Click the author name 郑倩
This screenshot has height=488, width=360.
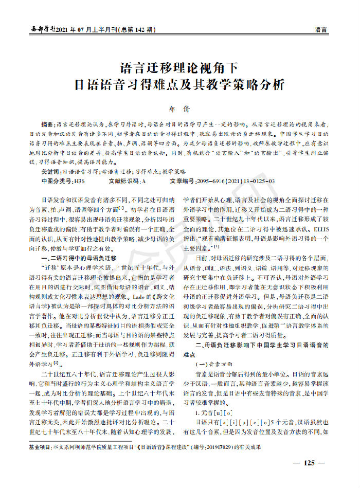coord(180,109)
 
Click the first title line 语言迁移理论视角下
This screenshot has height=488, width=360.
coord(180,68)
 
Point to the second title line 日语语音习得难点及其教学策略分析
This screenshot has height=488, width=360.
coord(180,85)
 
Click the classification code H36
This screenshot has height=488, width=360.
coord(80,181)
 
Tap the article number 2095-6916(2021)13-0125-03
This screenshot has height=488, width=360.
coord(233,181)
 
